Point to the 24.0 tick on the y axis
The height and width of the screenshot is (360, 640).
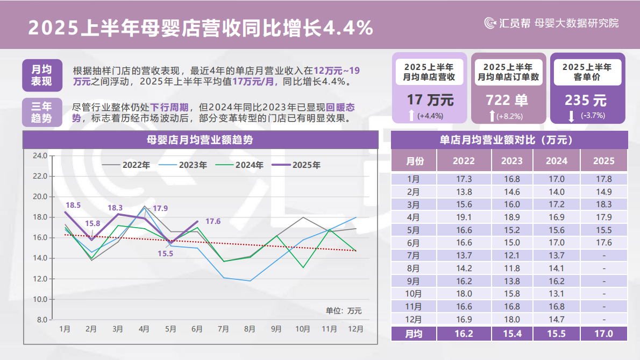pos(40,156)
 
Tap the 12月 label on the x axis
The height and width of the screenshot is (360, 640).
pos(355,328)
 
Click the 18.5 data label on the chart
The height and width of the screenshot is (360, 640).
pos(73,205)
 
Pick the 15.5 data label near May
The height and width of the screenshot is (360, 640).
pos(166,253)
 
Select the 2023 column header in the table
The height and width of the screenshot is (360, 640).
pos(511,161)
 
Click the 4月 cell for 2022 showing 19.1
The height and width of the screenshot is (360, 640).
pos(464,217)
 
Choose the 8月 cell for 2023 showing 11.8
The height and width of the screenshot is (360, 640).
pos(511,269)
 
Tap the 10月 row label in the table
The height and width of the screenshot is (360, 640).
pos(414,294)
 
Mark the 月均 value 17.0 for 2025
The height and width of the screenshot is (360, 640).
pos(603,334)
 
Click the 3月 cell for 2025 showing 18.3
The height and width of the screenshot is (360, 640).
pos(603,204)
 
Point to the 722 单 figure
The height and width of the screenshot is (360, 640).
pos(507,100)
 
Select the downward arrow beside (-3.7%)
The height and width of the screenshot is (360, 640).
pos(571,115)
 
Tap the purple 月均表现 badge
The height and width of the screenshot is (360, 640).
pos(41,75)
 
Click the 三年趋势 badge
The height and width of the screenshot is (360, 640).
pos(41,112)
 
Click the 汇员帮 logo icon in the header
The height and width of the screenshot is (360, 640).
pos(490,23)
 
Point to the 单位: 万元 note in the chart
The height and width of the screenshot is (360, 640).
pos(343,310)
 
